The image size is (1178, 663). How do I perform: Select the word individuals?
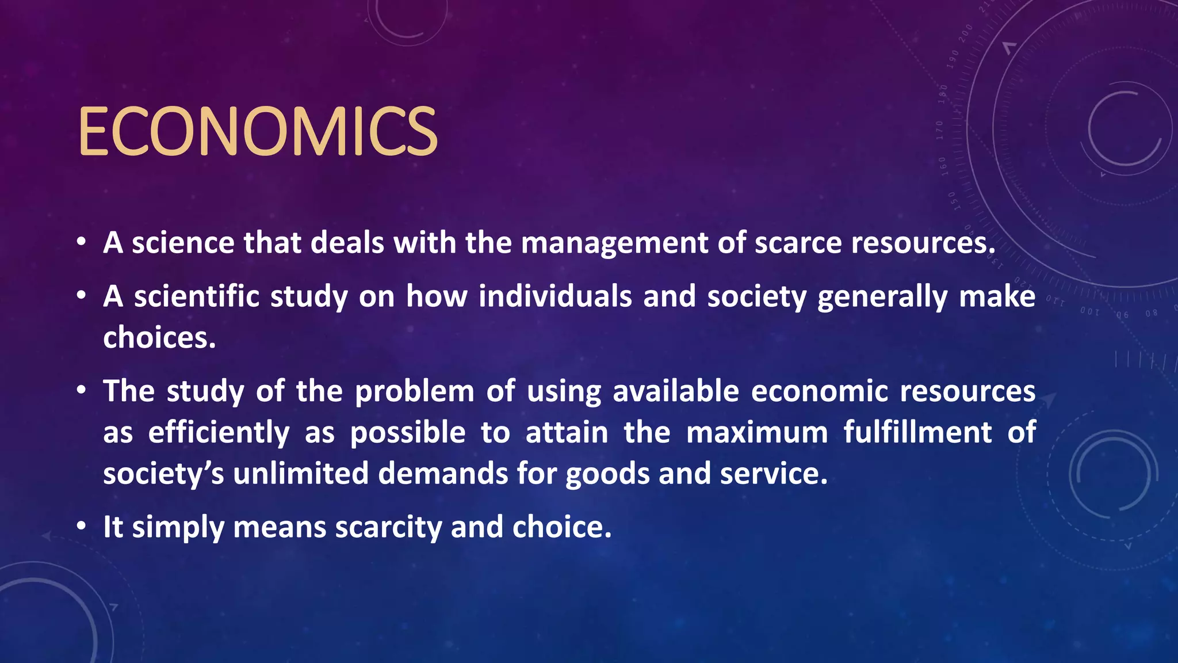[554, 297]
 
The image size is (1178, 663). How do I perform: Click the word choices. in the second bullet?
[159, 338]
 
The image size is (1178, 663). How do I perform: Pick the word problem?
[414, 392]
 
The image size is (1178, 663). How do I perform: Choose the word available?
[675, 391]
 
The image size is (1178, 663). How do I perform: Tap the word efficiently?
[219, 433]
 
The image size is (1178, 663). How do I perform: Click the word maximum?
[757, 433]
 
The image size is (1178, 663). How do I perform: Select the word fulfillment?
[917, 433]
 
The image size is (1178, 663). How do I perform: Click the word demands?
[443, 474]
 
